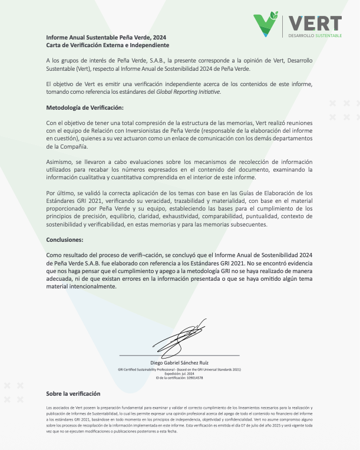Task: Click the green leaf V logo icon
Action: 266,24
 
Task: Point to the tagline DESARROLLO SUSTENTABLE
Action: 315,36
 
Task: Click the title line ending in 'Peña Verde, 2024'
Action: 106,37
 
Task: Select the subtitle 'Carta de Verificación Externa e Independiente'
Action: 107,45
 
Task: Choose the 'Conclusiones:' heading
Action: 65,239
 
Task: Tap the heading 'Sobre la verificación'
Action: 73,393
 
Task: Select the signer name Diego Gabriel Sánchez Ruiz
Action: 180,362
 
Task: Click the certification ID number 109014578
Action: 191,377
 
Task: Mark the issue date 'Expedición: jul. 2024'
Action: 180,373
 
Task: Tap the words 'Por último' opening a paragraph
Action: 61,193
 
